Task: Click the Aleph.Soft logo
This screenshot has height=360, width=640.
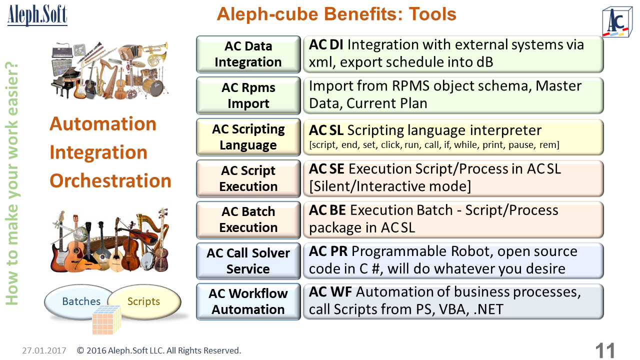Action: point(37,15)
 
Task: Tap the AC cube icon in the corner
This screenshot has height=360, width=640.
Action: point(617,22)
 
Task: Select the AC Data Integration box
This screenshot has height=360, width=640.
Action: point(248,54)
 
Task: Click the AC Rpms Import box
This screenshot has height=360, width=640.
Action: point(248,95)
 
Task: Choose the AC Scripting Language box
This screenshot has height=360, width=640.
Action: point(248,137)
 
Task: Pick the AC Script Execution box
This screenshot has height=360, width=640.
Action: point(248,178)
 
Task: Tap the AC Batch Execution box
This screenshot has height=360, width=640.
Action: point(248,219)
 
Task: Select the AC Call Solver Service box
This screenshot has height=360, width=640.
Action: point(248,261)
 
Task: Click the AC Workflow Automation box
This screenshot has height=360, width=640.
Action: point(248,301)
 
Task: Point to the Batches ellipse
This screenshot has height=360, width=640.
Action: point(78,301)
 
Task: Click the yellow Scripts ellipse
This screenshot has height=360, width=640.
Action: point(144,301)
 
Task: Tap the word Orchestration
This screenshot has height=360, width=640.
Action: point(110,181)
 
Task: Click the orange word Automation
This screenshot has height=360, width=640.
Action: point(103,124)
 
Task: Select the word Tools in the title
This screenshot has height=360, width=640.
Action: point(432,14)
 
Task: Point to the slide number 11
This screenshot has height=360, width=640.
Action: point(605,350)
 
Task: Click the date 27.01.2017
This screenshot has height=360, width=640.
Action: point(44,350)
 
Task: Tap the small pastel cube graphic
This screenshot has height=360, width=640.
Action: point(106,320)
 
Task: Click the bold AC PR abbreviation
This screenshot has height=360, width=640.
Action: point(328,251)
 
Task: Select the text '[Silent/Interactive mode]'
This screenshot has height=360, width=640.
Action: point(390,186)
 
